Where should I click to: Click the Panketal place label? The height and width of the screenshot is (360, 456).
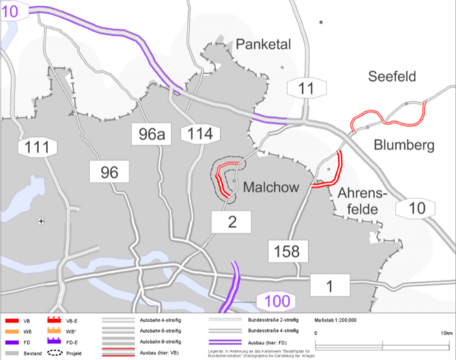tap(264, 44)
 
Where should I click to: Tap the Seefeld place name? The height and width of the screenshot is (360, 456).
tap(392, 76)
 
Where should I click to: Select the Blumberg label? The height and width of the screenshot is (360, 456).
tap(404, 145)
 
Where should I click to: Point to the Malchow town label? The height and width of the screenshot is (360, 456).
tap(271, 188)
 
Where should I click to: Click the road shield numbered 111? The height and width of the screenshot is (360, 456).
tap(38, 147)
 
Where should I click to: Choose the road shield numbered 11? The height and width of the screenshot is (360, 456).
tap(307, 88)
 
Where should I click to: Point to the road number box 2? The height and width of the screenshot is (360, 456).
tap(231, 222)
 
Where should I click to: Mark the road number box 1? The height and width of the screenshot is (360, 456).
tap(330, 285)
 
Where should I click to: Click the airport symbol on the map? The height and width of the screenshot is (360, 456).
tap(41, 221)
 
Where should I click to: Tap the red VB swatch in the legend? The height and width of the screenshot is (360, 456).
tap(12, 319)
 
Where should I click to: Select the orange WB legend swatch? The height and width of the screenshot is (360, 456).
tap(12, 330)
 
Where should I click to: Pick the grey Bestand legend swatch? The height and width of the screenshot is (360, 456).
tap(12, 353)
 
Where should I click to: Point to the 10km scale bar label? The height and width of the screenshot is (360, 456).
tap(446, 333)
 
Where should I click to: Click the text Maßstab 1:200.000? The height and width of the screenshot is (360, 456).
tap(335, 319)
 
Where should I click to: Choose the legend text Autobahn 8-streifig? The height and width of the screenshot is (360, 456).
tap(161, 342)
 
